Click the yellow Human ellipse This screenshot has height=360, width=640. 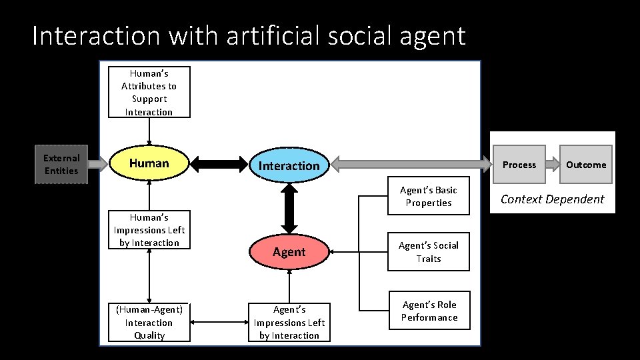[149, 163]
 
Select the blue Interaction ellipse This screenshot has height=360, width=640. [289, 165]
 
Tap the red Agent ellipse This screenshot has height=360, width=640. [289, 252]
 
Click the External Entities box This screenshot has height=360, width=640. [61, 164]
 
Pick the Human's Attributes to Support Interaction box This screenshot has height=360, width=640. [149, 93]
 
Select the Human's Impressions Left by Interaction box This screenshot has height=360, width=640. [149, 230]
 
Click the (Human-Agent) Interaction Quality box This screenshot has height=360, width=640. [149, 322]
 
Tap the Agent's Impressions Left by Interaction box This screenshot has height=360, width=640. [289, 322]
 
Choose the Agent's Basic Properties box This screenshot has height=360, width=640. [428, 196]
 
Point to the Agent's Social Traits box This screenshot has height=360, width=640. [428, 252]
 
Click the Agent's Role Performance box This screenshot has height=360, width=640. [429, 311]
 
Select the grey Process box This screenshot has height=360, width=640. [519, 165]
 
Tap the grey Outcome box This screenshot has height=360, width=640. [585, 165]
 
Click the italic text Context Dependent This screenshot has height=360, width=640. [552, 199]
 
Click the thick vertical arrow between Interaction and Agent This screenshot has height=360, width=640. [289, 208]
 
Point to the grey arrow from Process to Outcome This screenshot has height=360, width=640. [552, 165]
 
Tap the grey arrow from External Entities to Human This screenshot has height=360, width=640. [97, 164]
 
